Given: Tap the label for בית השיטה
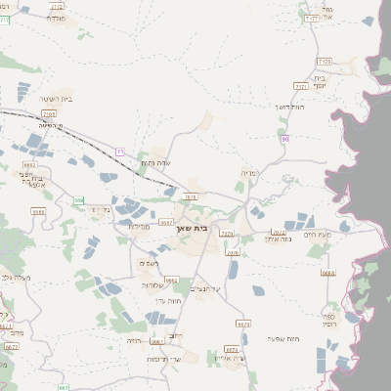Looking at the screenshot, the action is point(58,100).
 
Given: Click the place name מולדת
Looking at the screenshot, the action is point(57,18).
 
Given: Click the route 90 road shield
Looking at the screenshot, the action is point(284,140).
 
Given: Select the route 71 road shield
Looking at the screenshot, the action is point(120,152).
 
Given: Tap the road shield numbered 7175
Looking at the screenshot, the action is point(325,61).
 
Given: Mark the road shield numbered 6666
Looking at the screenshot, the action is point(172,280).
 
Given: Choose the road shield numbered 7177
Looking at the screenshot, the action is point(312,18).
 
